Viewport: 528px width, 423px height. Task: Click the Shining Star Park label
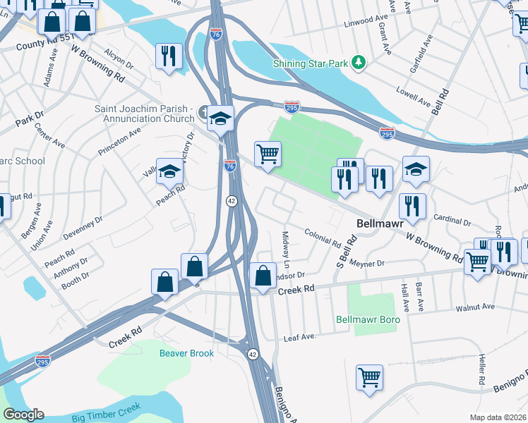[x=311, y=64]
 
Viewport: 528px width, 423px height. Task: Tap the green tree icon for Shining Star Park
[x=360, y=63]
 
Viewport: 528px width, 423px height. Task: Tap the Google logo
[x=23, y=415]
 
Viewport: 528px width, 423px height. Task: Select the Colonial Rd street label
[x=323, y=236]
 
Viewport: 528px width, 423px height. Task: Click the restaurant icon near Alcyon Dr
[x=169, y=56]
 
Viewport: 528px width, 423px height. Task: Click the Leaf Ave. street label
[x=299, y=338]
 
